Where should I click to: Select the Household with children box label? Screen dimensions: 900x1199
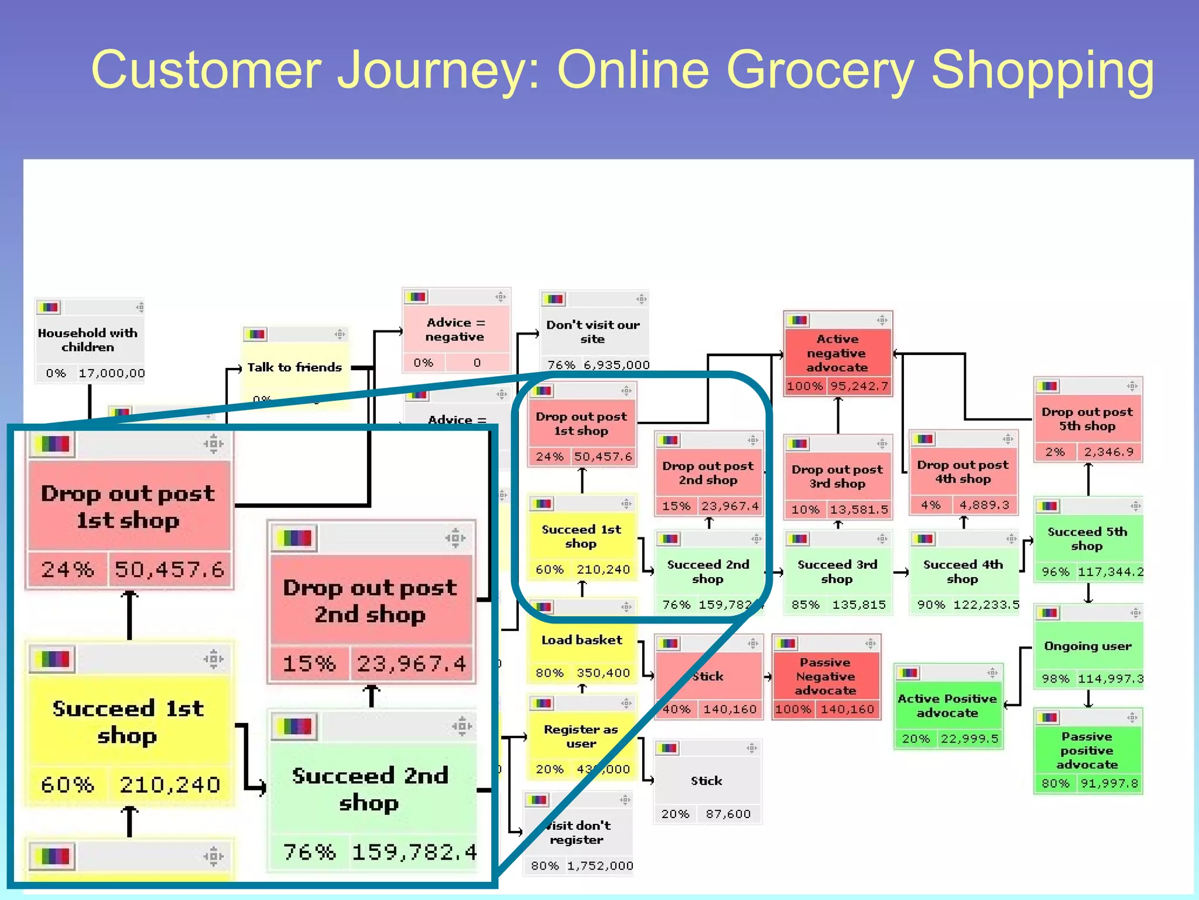click(x=88, y=340)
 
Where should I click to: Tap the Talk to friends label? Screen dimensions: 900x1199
click(x=294, y=367)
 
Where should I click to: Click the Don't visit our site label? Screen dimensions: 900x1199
click(x=592, y=332)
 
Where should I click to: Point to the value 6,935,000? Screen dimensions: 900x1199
click(x=616, y=365)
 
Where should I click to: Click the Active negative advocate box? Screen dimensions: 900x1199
click(x=837, y=353)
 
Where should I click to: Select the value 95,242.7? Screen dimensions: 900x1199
click(x=859, y=386)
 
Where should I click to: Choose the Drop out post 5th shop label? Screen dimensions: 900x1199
click(x=1087, y=419)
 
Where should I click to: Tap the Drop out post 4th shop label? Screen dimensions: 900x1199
click(x=963, y=472)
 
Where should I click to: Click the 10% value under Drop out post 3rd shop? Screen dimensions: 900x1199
click(x=805, y=510)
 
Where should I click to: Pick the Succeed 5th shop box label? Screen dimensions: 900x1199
click(x=1087, y=538)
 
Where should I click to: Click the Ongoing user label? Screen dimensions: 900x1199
click(x=1088, y=646)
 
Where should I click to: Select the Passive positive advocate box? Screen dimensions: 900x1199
click(x=1087, y=751)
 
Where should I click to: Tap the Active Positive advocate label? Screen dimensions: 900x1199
click(x=947, y=705)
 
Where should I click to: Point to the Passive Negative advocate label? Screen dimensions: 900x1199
click(x=825, y=676)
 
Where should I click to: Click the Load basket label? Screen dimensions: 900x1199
click(x=581, y=640)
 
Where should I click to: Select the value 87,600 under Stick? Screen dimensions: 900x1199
click(x=728, y=814)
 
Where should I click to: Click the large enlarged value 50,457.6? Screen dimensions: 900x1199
click(x=169, y=569)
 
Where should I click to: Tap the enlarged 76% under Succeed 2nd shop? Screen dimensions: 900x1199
click(x=309, y=851)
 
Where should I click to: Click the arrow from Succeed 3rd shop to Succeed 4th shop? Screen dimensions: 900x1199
click(x=901, y=572)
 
